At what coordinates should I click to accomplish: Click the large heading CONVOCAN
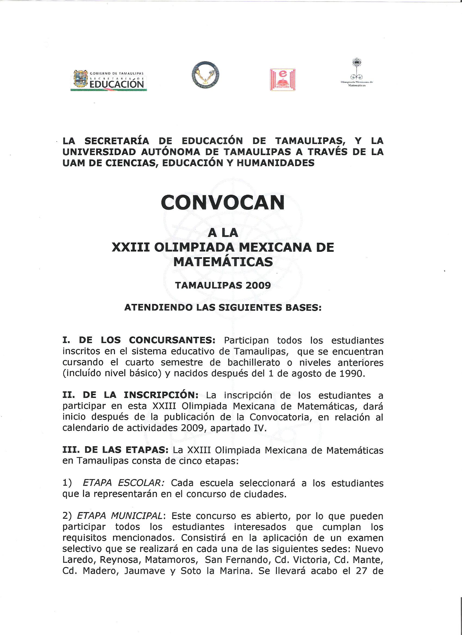click(x=223, y=203)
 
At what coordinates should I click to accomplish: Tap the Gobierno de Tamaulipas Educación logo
click(x=109, y=80)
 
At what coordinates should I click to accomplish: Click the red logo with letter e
click(x=282, y=80)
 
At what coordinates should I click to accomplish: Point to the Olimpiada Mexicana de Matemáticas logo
click(x=357, y=73)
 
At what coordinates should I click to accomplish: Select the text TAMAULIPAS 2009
click(x=223, y=285)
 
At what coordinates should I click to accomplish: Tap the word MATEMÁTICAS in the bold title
click(x=223, y=262)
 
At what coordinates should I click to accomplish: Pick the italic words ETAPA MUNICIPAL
click(x=120, y=516)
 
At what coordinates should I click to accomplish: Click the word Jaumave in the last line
click(x=145, y=571)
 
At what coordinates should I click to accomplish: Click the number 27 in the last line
click(x=361, y=571)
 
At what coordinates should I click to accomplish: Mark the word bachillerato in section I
click(x=254, y=363)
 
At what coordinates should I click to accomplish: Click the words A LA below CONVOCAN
click(x=223, y=233)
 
